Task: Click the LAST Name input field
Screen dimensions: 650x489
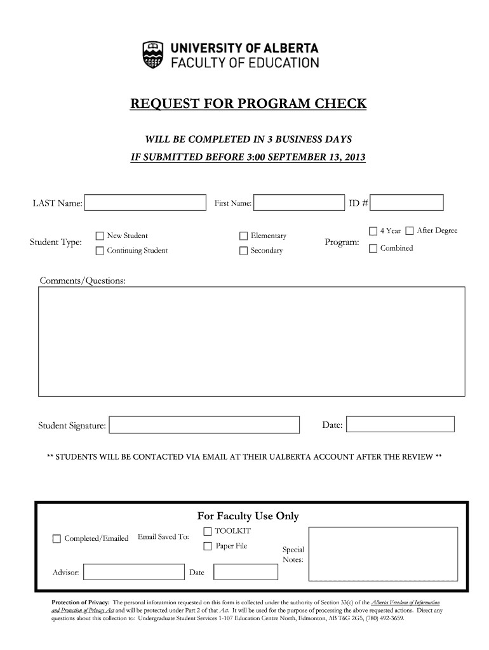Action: (x=145, y=203)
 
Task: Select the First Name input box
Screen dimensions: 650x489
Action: (x=299, y=203)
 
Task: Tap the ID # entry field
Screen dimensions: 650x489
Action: (x=407, y=203)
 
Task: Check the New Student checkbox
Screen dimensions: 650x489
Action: (x=100, y=236)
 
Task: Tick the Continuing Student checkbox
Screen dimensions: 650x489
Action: (x=100, y=251)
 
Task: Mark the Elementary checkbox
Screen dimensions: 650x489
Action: (x=243, y=236)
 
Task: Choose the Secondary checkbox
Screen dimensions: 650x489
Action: (x=243, y=251)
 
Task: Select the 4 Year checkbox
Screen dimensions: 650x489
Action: (x=373, y=230)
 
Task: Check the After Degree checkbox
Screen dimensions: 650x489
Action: (x=410, y=230)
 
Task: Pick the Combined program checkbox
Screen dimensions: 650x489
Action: (x=373, y=248)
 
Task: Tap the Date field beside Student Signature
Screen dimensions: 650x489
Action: (x=400, y=424)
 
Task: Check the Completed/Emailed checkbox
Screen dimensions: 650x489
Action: (x=57, y=539)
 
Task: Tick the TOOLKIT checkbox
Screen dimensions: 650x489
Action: (x=208, y=531)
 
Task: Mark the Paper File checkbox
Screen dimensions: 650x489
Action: (x=208, y=546)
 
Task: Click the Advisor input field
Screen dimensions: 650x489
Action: (x=134, y=572)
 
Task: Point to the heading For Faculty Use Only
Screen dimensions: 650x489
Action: (x=248, y=516)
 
